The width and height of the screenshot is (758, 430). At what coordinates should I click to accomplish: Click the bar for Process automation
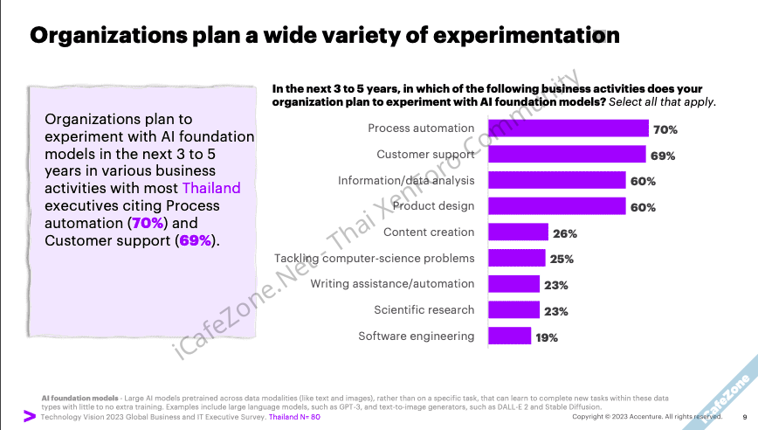point(568,128)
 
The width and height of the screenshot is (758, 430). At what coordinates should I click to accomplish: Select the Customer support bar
point(567,155)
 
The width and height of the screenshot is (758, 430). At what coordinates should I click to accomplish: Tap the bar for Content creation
point(518,232)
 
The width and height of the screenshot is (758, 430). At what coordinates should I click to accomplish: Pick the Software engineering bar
point(509,336)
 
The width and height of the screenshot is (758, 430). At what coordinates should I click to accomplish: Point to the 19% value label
point(548,336)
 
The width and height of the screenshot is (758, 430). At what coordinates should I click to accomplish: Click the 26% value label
point(565,233)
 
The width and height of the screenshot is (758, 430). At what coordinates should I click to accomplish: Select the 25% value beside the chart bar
point(562,259)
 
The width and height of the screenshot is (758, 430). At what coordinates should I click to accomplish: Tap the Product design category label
point(433,206)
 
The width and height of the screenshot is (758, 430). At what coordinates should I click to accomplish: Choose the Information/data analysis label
point(406,181)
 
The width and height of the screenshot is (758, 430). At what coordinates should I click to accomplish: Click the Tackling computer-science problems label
point(375,258)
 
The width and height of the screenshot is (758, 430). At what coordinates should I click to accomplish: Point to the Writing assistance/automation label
point(392,284)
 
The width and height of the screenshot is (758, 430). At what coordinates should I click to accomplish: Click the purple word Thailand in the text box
point(211,188)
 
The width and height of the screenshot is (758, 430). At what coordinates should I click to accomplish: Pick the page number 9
point(744,417)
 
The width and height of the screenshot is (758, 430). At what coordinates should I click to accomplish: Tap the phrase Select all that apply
point(662,102)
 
